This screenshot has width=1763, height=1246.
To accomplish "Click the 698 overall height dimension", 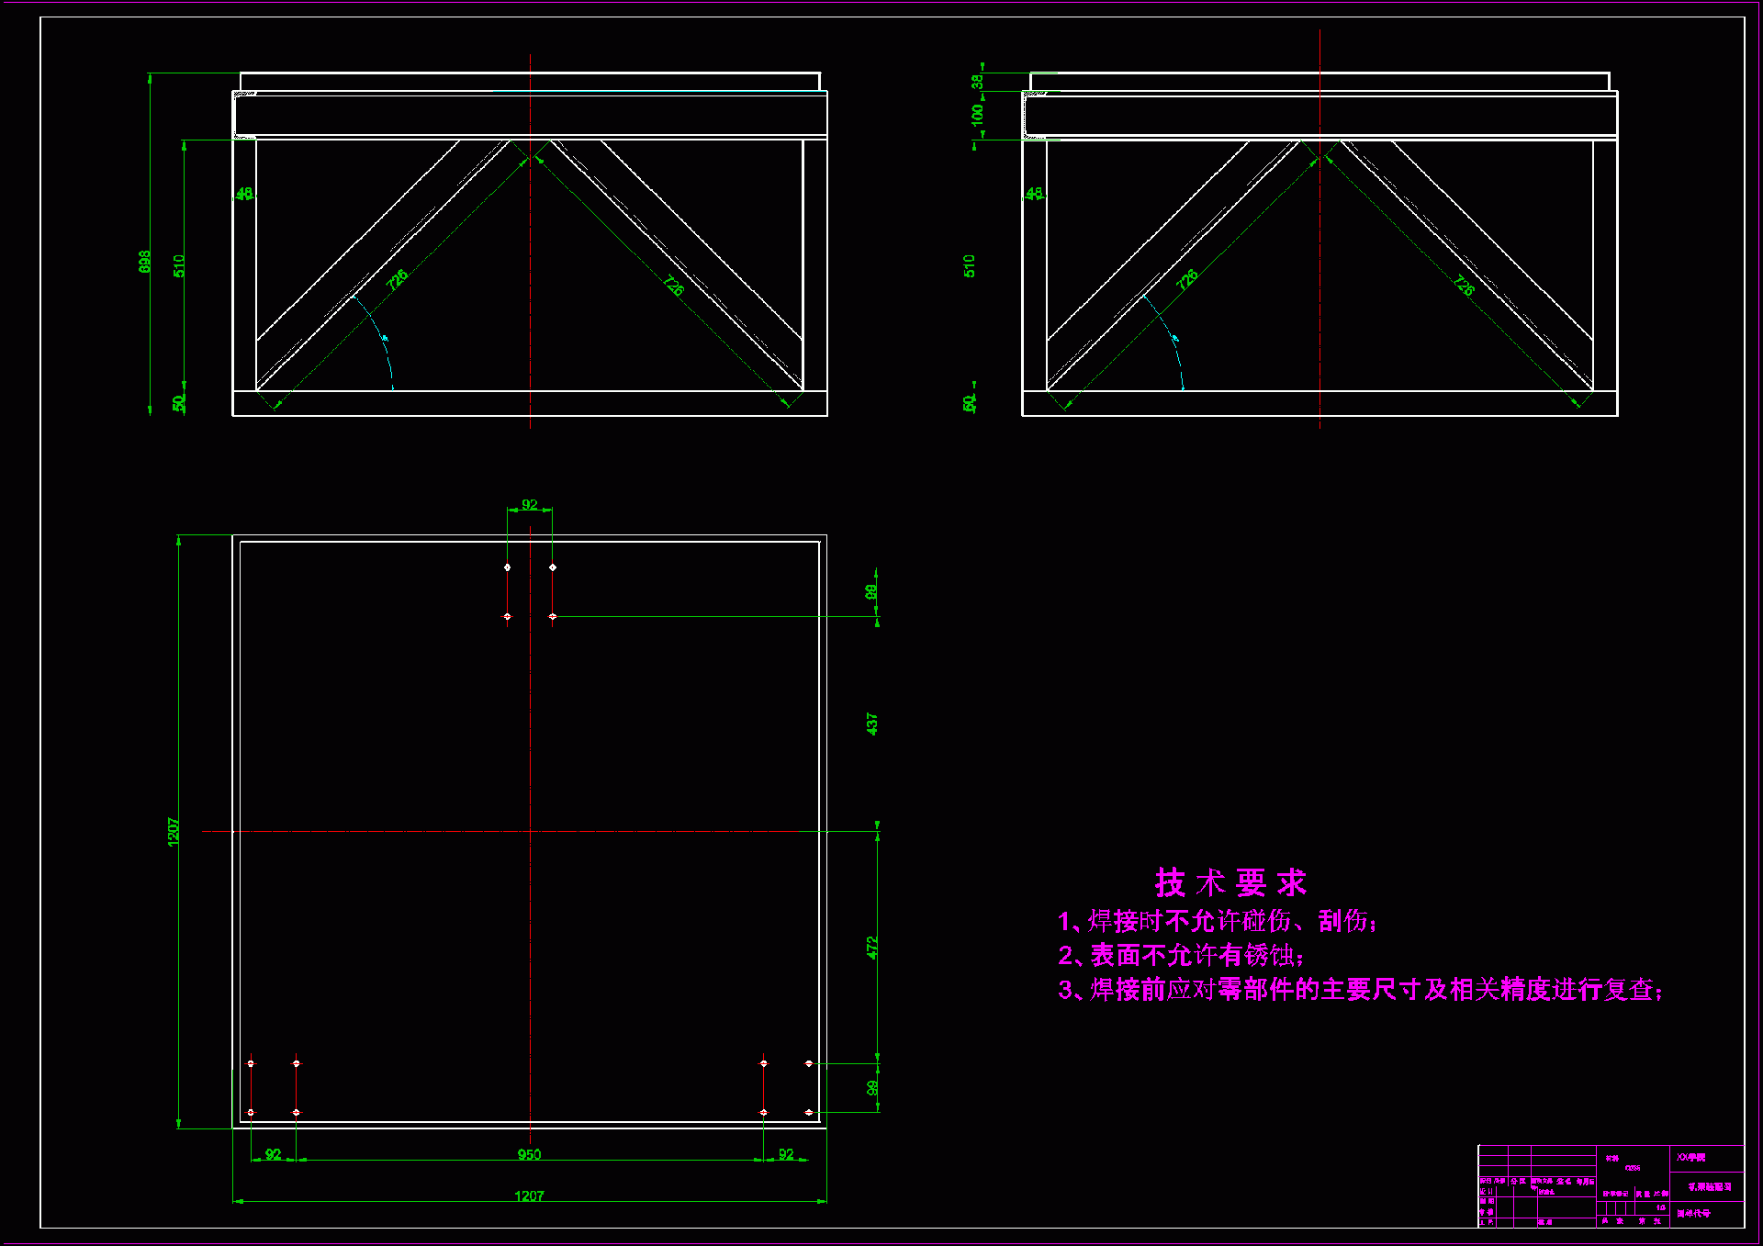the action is [144, 262].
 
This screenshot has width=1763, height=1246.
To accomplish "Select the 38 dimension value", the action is [977, 81].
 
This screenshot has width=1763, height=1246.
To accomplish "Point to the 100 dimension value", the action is [977, 114].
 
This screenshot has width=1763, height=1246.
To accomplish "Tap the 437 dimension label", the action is [871, 724].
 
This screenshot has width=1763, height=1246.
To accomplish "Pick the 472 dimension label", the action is [871, 948].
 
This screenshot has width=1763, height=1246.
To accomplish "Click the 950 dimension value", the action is [529, 1154].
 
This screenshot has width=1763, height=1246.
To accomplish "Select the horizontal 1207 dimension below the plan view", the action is [529, 1195].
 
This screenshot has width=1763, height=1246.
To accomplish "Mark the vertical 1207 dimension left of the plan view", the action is [174, 831].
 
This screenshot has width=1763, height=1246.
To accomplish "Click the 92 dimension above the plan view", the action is [530, 504].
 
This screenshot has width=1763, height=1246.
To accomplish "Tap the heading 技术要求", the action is [1230, 882].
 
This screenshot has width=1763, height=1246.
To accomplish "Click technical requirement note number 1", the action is [1217, 921].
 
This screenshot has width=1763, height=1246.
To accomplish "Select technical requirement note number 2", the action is [1181, 955].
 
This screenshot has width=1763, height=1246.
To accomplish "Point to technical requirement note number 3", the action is [1360, 990].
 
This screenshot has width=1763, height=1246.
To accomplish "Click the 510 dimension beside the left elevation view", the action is [179, 265].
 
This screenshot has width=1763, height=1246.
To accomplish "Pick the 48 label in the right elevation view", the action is [1034, 194].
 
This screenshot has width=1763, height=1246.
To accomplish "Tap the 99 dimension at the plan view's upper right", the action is [871, 592].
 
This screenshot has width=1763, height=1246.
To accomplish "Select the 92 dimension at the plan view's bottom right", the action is [786, 1154].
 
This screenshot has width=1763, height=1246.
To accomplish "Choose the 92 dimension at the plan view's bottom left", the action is [273, 1154].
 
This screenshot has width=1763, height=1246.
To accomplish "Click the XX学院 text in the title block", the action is [1690, 1158].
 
